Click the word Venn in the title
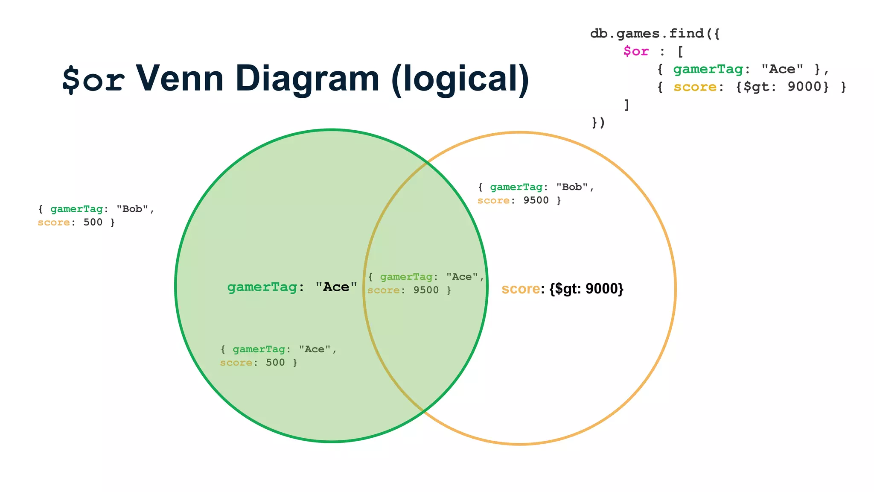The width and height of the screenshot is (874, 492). click(x=179, y=79)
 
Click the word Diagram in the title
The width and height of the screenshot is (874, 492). click(x=307, y=79)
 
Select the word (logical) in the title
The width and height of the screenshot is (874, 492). click(x=460, y=79)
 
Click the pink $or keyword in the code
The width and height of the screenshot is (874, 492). click(x=636, y=52)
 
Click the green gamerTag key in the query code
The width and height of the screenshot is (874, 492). click(x=708, y=69)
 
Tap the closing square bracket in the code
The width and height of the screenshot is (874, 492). click(x=626, y=105)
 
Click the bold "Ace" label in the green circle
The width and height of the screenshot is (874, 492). click(x=336, y=287)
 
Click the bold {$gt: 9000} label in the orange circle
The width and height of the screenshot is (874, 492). click(x=586, y=289)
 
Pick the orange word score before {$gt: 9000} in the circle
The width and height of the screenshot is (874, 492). click(x=521, y=289)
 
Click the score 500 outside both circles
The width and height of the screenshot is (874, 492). click(x=93, y=222)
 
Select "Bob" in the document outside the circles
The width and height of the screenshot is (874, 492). click(x=132, y=209)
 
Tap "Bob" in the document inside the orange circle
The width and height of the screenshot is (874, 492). click(x=572, y=187)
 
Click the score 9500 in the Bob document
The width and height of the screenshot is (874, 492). click(x=536, y=200)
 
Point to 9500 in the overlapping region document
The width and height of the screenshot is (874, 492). click(x=425, y=290)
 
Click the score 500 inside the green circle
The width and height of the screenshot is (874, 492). click(x=275, y=363)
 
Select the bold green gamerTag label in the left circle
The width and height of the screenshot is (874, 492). click(x=262, y=287)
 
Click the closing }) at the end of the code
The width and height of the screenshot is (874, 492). click(x=598, y=123)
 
